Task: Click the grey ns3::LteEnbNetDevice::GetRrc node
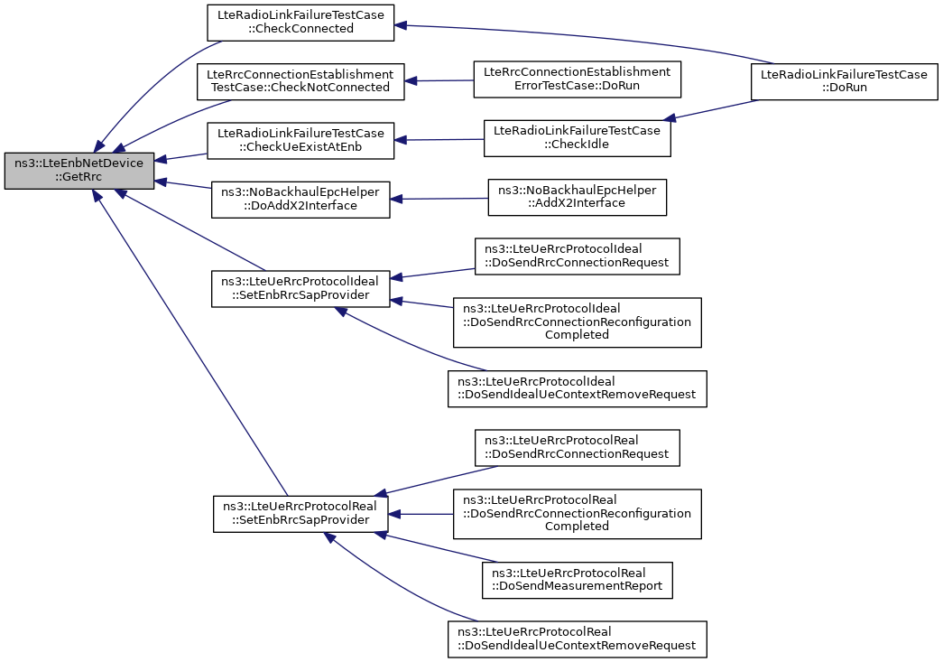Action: (x=79, y=171)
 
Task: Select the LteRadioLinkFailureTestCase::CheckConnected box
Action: (x=300, y=23)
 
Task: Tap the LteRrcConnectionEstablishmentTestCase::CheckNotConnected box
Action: (x=300, y=82)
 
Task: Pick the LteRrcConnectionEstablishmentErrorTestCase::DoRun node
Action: (x=578, y=79)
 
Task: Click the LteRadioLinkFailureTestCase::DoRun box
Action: (x=845, y=82)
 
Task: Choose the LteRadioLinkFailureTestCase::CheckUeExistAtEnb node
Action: (x=300, y=141)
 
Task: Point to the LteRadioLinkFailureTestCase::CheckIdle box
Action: (x=578, y=138)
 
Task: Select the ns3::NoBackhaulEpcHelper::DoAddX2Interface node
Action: (x=300, y=200)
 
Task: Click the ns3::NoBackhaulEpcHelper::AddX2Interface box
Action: (x=578, y=198)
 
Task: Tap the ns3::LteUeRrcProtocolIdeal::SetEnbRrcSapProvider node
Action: (x=300, y=289)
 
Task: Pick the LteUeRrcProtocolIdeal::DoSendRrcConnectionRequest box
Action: (x=578, y=256)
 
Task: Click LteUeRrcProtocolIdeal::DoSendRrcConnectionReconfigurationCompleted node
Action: (x=578, y=322)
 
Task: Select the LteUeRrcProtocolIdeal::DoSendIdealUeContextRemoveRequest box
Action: (x=578, y=388)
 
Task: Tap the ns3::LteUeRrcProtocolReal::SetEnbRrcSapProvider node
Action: (x=300, y=514)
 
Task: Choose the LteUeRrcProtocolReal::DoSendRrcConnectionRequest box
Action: (x=578, y=448)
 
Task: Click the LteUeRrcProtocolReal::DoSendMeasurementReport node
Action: (x=578, y=580)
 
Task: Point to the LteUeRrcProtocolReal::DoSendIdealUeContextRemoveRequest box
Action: (x=578, y=639)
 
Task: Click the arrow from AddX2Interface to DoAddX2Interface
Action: (x=439, y=199)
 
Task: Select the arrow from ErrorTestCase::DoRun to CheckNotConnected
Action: (x=439, y=80)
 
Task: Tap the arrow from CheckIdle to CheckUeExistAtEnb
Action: (x=439, y=140)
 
